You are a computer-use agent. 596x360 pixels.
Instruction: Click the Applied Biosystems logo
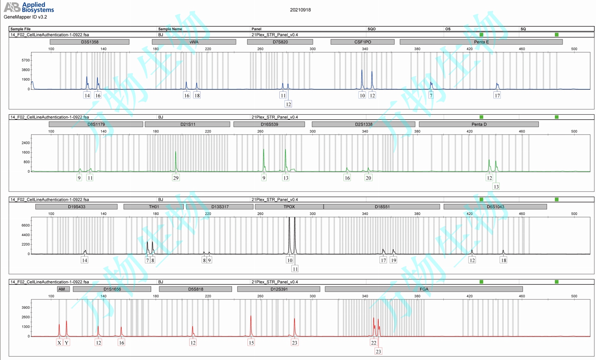click(29, 7)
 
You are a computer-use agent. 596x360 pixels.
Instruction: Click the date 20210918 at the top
click(300, 10)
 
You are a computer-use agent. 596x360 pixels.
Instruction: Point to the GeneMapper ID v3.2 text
click(25, 17)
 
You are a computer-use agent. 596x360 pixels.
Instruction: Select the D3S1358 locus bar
click(90, 42)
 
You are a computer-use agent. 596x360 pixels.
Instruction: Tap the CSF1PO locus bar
click(362, 42)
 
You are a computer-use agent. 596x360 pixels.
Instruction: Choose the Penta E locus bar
click(481, 42)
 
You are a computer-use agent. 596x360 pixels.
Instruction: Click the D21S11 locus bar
click(188, 124)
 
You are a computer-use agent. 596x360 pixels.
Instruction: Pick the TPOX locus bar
click(289, 207)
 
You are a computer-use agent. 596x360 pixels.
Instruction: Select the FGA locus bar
click(424, 289)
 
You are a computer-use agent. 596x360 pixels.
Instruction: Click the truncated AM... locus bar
click(63, 289)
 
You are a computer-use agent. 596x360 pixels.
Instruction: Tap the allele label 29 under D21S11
click(176, 178)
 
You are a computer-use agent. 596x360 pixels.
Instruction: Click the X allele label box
click(59, 343)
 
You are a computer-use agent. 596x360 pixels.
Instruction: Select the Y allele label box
click(66, 343)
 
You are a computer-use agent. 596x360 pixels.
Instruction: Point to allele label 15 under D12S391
click(251, 343)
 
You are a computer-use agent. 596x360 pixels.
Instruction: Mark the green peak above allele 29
click(176, 156)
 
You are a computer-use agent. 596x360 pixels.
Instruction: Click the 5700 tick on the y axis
click(26, 60)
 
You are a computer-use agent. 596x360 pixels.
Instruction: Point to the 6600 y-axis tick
click(26, 225)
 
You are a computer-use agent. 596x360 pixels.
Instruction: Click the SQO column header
click(371, 29)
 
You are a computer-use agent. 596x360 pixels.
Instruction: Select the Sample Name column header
click(170, 29)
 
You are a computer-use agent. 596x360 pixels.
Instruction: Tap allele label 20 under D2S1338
click(368, 178)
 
